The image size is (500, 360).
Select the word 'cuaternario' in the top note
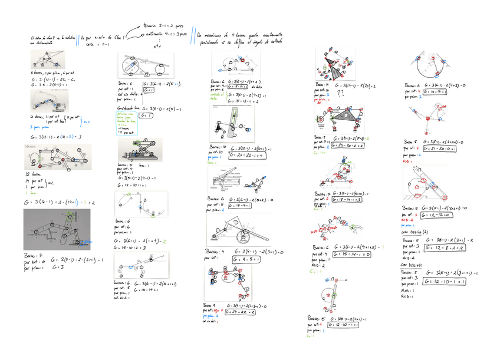[x=152, y=34]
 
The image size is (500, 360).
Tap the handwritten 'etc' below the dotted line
[x=156, y=45]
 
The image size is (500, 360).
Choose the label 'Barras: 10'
[x=218, y=146]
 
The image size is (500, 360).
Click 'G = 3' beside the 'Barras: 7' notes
[x=58, y=267]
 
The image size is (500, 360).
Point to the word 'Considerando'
[x=127, y=109]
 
